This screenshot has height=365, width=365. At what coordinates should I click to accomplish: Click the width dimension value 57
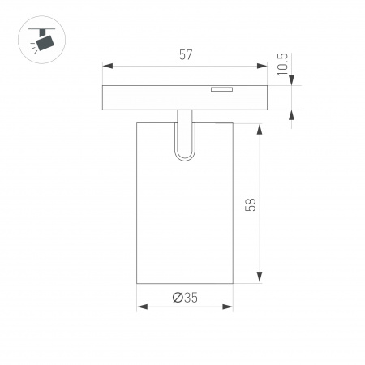point(187,56)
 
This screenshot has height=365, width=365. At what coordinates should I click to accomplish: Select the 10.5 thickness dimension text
point(281,64)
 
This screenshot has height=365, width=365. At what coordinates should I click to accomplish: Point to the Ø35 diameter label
point(186,297)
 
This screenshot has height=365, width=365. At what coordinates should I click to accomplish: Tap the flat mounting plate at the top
point(185,97)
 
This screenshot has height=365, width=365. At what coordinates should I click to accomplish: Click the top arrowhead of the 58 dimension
point(260,127)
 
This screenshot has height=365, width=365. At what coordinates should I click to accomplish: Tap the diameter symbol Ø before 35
point(177,297)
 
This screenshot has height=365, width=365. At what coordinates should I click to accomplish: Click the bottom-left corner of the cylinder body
point(137,283)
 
